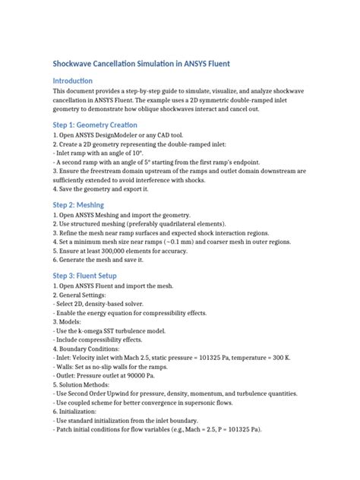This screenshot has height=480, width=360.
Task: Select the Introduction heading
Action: coord(72,81)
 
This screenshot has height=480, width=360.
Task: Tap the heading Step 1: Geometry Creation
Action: coord(94,124)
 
